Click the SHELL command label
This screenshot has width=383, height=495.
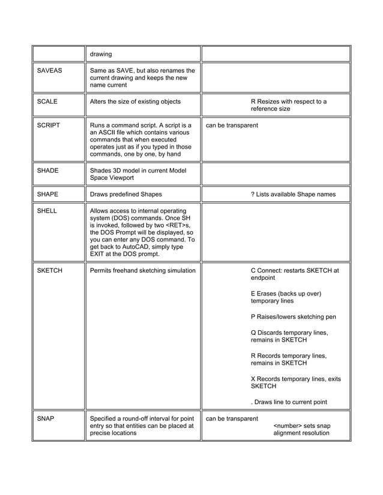coord(47,211)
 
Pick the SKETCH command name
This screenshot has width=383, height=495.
coord(50,271)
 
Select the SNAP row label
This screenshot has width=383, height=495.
coord(46,418)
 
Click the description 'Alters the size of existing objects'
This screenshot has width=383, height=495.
coord(135,102)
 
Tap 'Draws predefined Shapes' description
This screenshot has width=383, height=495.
coord(125,194)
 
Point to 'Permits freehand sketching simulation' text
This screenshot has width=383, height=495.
coord(142,271)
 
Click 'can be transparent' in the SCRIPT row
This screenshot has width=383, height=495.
coord(232,126)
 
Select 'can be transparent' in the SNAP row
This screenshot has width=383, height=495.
coord(232,418)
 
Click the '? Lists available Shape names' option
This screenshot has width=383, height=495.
coord(293,194)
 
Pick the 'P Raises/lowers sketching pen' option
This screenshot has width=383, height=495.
coord(293,317)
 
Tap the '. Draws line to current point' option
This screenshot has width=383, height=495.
coord(289,402)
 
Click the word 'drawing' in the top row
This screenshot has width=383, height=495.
coord(101,55)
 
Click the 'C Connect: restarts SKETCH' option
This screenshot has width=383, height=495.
coord(294,271)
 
